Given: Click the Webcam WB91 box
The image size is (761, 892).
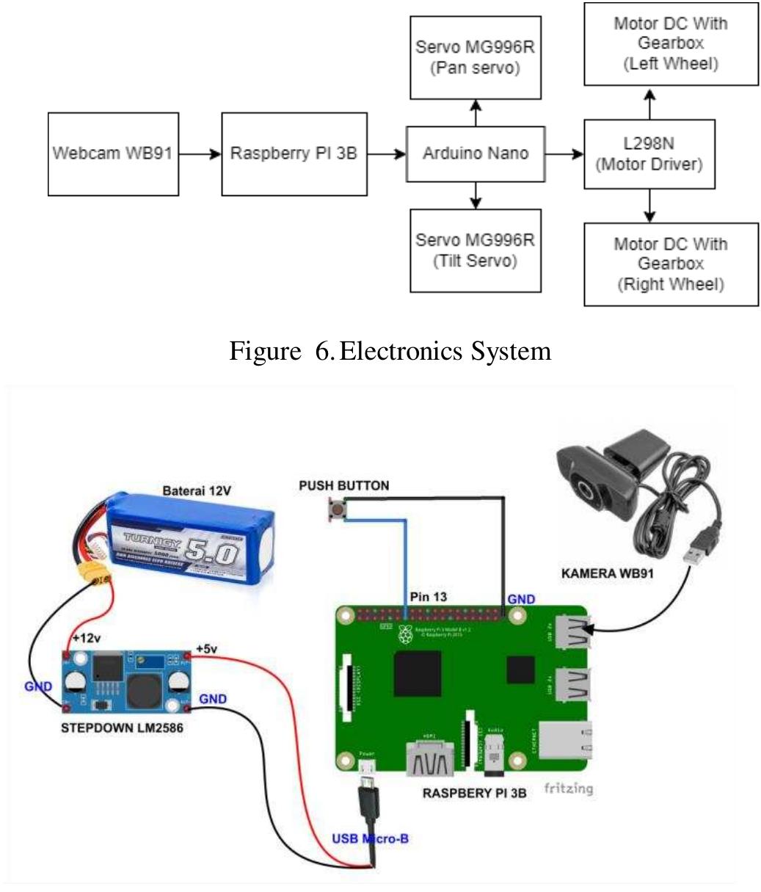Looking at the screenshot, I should pyautogui.click(x=113, y=154).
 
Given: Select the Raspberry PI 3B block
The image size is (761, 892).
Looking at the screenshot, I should pyautogui.click(x=294, y=154).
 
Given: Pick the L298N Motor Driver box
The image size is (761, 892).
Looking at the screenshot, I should pyautogui.click(x=649, y=154).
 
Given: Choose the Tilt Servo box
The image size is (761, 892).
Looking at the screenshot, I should pyautogui.click(x=476, y=250).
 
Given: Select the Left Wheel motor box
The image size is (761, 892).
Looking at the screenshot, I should pyautogui.click(x=671, y=44).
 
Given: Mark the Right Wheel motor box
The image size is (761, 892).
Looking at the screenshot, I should pyautogui.click(x=669, y=264).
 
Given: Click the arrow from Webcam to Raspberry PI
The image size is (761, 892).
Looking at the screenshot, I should pyautogui.click(x=200, y=154).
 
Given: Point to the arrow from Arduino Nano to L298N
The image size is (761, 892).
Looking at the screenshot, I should pyautogui.click(x=564, y=154).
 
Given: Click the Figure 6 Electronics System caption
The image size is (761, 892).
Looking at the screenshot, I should pyautogui.click(x=390, y=351).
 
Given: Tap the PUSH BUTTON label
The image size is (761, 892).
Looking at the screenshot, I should pyautogui.click(x=344, y=485).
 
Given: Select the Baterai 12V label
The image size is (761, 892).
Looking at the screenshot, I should pyautogui.click(x=197, y=490).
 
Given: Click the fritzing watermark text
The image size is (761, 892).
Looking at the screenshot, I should pyautogui.click(x=568, y=788).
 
